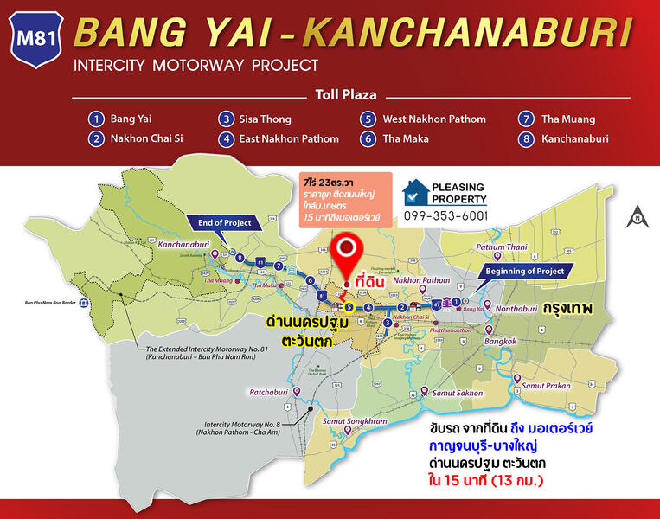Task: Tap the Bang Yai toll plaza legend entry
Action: pos(120,119)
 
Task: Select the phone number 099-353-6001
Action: pos(445,215)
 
